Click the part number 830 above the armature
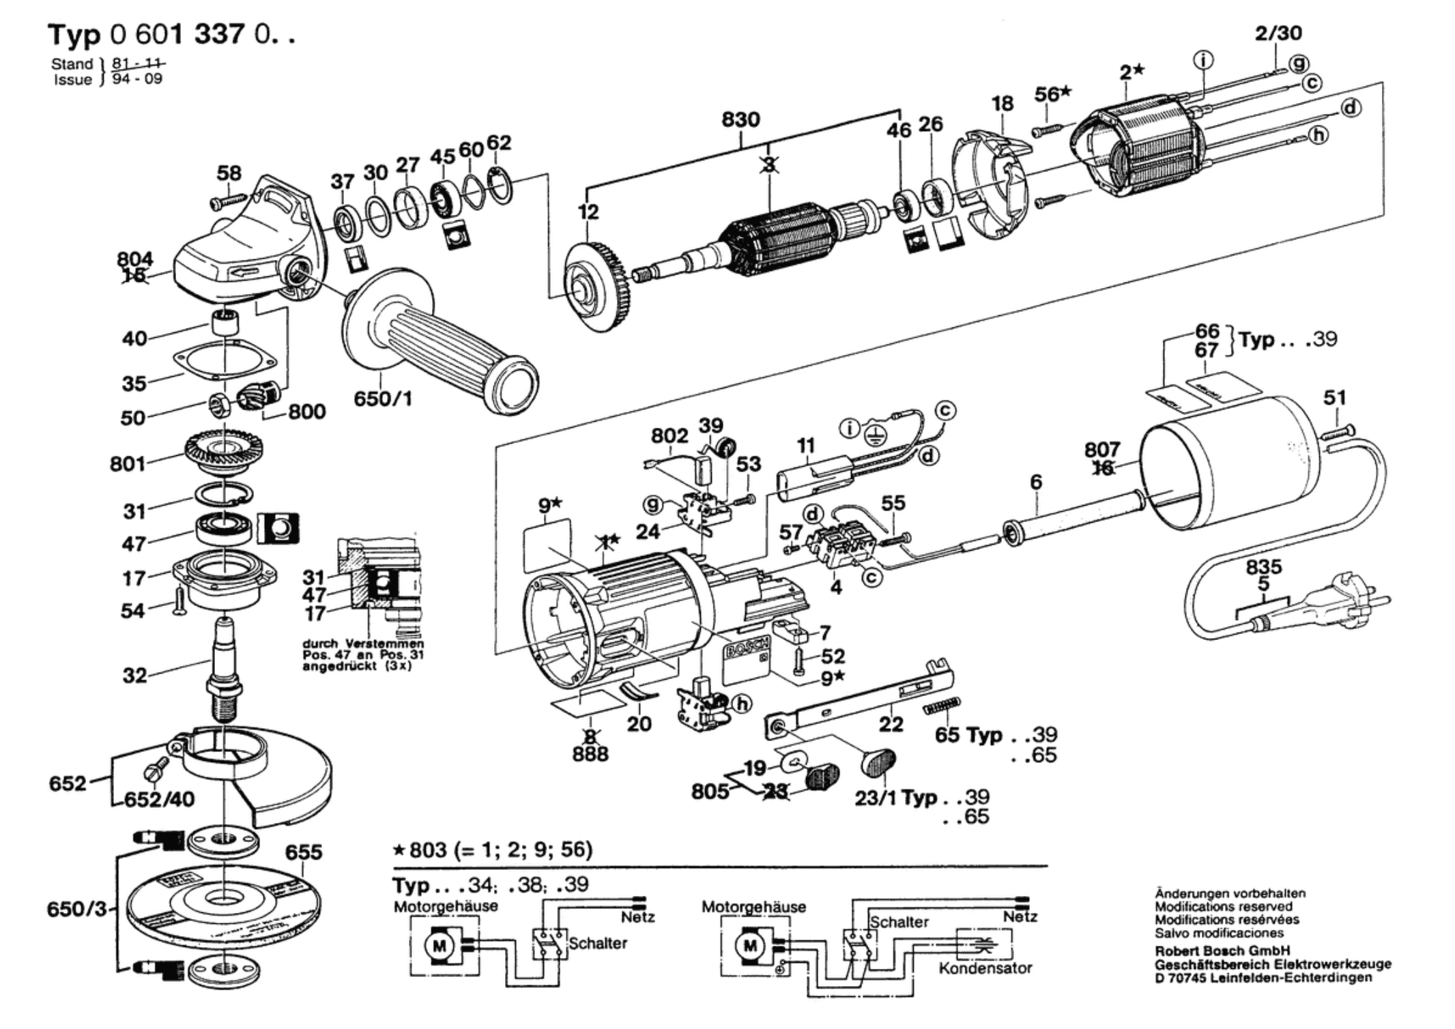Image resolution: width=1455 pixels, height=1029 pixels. click(x=740, y=120)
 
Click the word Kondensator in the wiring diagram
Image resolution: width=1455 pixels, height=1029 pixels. click(x=985, y=968)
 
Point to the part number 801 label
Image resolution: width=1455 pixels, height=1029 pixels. click(x=128, y=464)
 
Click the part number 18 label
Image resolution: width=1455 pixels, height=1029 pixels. click(x=1003, y=104)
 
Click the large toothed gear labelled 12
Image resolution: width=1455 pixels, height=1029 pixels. click(x=597, y=287)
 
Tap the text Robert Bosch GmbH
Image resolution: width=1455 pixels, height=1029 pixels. click(x=1222, y=951)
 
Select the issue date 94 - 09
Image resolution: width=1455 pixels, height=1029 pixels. click(x=137, y=78)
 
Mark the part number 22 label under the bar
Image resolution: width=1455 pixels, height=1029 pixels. click(x=891, y=723)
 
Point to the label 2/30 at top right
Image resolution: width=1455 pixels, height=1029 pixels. click(x=1278, y=33)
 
